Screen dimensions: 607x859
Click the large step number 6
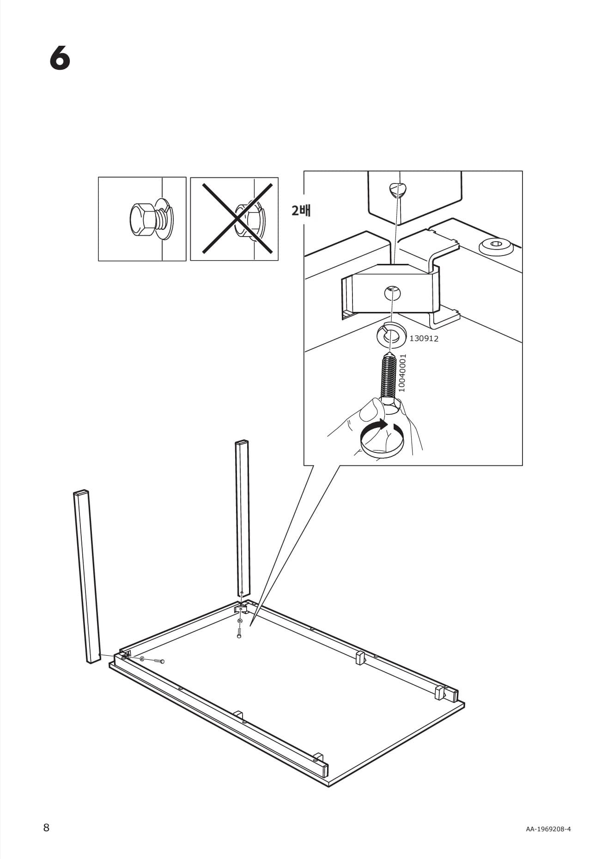point(60,59)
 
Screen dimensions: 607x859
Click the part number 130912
point(424,339)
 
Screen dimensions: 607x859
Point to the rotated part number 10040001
point(402,373)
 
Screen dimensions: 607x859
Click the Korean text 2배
point(301,211)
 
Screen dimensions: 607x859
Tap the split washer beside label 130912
point(391,334)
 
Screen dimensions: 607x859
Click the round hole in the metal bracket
point(392,292)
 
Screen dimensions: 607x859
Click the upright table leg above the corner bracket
point(243,518)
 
